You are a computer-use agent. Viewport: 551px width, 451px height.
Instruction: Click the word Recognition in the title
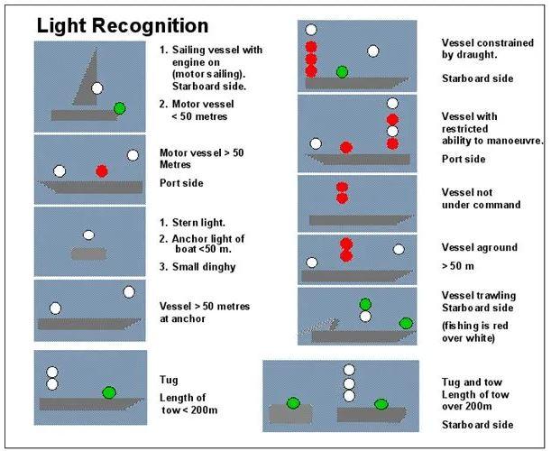point(151,25)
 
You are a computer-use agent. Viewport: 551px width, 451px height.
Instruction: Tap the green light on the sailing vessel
point(119,108)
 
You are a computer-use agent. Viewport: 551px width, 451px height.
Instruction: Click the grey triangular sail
point(87,78)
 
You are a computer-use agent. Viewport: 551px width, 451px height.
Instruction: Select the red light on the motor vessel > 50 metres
point(102,171)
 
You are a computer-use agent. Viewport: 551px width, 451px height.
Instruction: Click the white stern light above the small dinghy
point(88,235)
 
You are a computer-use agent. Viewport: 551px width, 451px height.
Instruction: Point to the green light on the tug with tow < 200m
point(109,392)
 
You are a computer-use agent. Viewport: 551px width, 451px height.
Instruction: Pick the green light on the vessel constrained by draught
point(342,72)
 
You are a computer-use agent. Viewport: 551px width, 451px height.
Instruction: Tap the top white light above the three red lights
point(311,30)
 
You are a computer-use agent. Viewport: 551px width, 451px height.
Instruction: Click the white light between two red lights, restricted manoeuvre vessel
point(392,132)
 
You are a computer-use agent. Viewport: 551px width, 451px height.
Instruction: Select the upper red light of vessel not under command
point(342,187)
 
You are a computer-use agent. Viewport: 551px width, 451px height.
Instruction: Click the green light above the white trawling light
point(365,304)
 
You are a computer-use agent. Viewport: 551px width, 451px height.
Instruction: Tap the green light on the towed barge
point(293,403)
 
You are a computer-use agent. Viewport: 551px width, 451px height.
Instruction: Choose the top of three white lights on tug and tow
point(349,370)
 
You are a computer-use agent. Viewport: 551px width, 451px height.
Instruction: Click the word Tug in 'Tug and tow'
point(451,382)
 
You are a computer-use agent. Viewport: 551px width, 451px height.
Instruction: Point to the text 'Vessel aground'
point(480,248)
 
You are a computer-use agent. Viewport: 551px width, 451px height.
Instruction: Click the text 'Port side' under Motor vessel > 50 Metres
point(181,183)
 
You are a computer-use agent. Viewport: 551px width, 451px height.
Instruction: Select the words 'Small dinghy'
point(204,267)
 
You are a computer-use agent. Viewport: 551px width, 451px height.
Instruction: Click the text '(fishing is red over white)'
point(474,332)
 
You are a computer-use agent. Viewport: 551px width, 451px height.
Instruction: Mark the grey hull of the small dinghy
point(88,253)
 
